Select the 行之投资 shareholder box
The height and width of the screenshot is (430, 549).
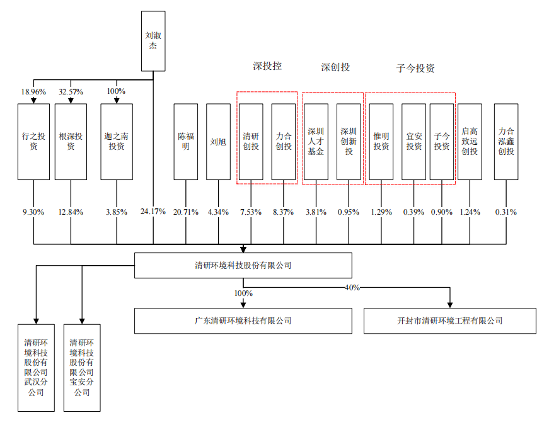coord(33,142)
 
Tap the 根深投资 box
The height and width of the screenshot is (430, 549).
coord(71,142)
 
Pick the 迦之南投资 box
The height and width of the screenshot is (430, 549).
coord(117,142)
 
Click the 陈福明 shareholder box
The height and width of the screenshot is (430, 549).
coord(186,142)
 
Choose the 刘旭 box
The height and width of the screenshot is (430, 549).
coord(219,142)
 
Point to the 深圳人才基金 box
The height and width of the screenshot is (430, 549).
coord(316,142)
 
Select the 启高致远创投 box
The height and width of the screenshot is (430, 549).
coord(470,142)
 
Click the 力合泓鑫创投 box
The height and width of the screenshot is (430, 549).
coord(506,142)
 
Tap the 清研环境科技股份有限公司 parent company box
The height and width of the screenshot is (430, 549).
coord(243,266)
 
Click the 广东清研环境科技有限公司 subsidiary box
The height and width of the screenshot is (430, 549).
coord(243,320)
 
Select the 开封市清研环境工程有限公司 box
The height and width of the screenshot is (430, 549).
coord(450,320)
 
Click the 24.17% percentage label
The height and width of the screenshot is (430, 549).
coord(153,212)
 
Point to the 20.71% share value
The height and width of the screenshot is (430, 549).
coord(186,212)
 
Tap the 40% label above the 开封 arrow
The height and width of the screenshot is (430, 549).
coord(352,287)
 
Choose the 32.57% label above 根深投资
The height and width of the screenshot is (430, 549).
coord(71,92)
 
